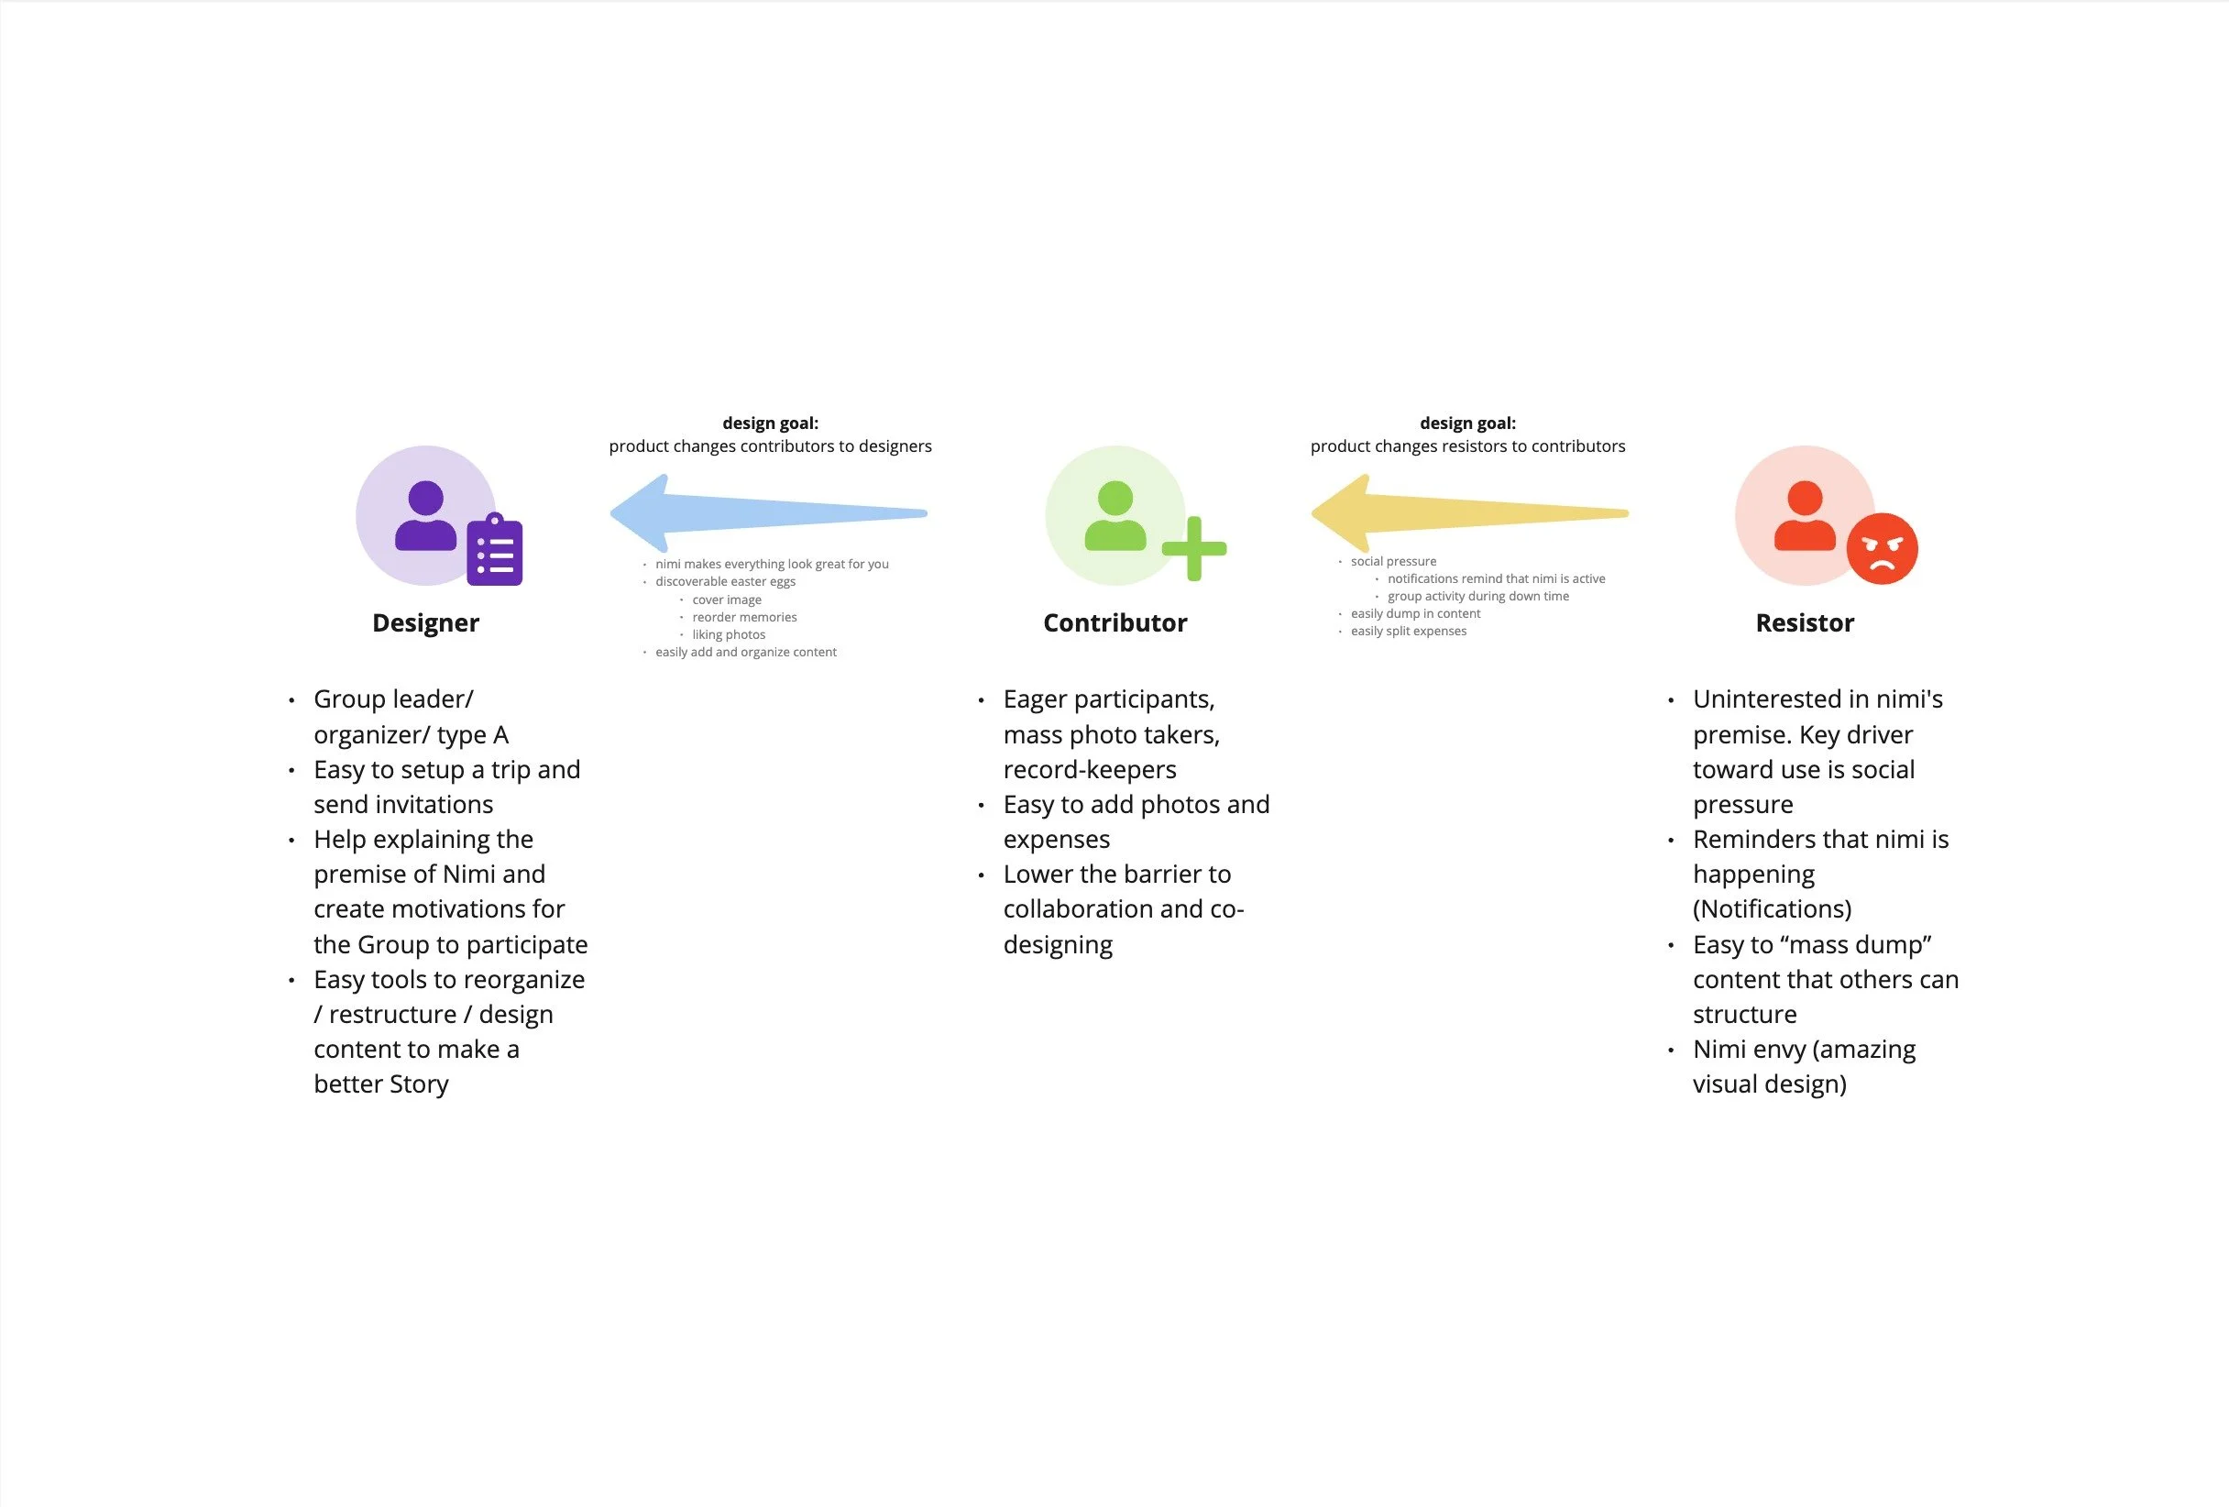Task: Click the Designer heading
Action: pyautogui.click(x=425, y=622)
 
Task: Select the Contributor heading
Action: pyautogui.click(x=1114, y=622)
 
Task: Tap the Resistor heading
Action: pyautogui.click(x=1804, y=622)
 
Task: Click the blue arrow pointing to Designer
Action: pyautogui.click(x=767, y=512)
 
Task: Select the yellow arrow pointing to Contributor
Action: pyautogui.click(x=1468, y=512)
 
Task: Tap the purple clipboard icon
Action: pyautogui.click(x=495, y=551)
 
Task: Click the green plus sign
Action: pyautogui.click(x=1194, y=549)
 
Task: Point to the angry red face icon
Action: pyautogui.click(x=1882, y=549)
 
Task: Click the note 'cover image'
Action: pyautogui.click(x=726, y=599)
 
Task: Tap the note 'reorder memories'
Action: pyautogui.click(x=744, y=617)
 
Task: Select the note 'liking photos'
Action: pyautogui.click(x=728, y=634)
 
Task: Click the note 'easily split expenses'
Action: pyautogui.click(x=1408, y=631)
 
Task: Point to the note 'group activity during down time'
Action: pyautogui.click(x=1478, y=596)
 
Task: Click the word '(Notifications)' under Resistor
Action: pyautogui.click(x=1772, y=908)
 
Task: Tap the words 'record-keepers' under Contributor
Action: pyautogui.click(x=1090, y=769)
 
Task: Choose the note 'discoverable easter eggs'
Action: pyautogui.click(x=725, y=581)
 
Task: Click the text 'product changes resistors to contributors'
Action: pyautogui.click(x=1467, y=446)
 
